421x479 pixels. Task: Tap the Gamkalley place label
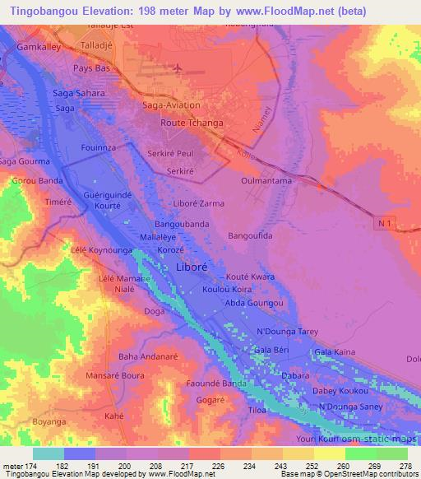click(38, 49)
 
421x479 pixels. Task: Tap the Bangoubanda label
click(187, 223)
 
